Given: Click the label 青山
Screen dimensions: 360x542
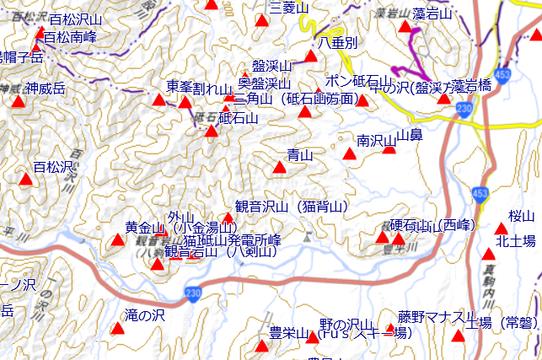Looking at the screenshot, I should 300,155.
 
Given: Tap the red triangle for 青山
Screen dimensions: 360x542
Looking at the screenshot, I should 280,167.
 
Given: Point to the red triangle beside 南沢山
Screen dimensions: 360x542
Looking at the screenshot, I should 350,153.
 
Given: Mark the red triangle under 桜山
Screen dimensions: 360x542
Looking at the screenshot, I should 502,228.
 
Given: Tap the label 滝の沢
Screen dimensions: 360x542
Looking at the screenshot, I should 144,315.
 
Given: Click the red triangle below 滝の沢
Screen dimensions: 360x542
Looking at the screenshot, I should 118,329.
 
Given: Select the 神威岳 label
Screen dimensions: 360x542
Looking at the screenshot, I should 45,89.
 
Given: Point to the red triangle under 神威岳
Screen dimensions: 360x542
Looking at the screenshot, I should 19,101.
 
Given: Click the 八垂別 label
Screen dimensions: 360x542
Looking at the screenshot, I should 338,42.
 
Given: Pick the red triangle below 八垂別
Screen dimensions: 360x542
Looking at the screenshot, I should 311,56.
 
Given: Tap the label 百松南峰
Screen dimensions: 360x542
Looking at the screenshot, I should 70,38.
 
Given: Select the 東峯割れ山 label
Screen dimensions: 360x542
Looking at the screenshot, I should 199,87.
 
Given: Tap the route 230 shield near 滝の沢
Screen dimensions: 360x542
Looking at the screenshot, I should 194,292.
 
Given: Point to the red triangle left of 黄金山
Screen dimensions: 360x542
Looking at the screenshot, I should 117,241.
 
